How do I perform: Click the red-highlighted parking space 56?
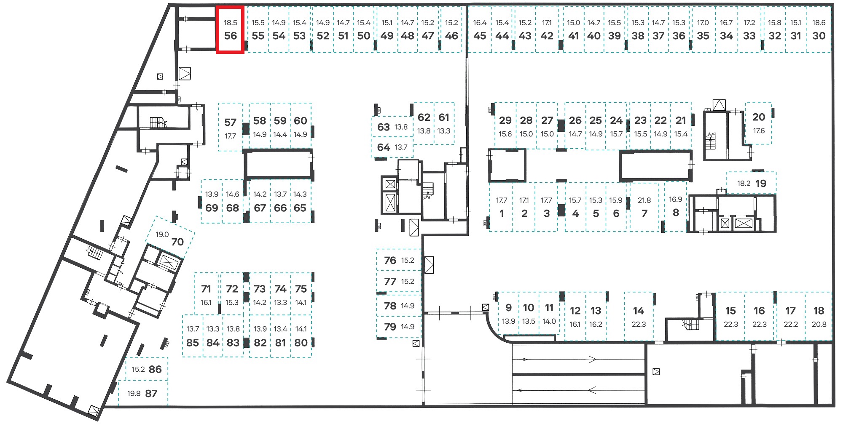tap(230, 30)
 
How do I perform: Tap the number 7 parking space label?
tap(644, 213)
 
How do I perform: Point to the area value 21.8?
tap(644, 200)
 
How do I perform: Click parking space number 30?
tap(819, 30)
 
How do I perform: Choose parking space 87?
tap(143, 393)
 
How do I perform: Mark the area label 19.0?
tap(162, 234)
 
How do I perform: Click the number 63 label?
tap(383, 127)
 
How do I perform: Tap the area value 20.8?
tap(819, 324)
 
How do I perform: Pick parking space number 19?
tap(752, 183)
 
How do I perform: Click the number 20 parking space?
tap(759, 123)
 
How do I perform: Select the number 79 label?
tap(390, 327)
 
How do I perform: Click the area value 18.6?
tap(819, 23)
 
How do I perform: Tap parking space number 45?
tap(480, 30)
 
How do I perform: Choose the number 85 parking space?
tap(193, 336)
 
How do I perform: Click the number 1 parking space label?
tap(502, 213)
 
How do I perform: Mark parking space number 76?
tap(399, 260)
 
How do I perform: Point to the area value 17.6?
tap(759, 131)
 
